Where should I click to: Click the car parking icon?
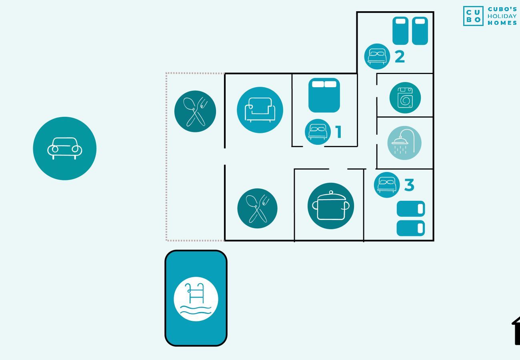pyautogui.click(x=65, y=148)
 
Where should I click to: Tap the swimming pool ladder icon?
pyautogui.click(x=196, y=299)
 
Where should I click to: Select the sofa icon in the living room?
pyautogui.click(x=260, y=110)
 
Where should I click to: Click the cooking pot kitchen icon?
pyautogui.click(x=331, y=206)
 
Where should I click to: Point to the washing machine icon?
pyautogui.click(x=405, y=98)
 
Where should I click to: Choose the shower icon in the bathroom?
pyautogui.click(x=404, y=143)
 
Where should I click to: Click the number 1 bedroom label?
pyautogui.click(x=339, y=132)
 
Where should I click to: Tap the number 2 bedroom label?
pyautogui.click(x=400, y=57)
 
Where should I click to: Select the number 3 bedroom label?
pyautogui.click(x=409, y=185)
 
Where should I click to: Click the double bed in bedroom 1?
pyautogui.click(x=324, y=95)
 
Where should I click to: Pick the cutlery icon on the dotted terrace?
pyautogui.click(x=195, y=111)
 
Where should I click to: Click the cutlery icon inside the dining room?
pyautogui.click(x=257, y=208)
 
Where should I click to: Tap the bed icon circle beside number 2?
pyautogui.click(x=377, y=56)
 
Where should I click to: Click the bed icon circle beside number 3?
pyautogui.click(x=387, y=185)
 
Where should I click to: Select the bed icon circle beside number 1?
pyautogui.click(x=318, y=132)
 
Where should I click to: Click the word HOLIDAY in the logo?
pyautogui.click(x=502, y=16)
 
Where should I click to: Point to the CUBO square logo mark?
pyautogui.click(x=474, y=16)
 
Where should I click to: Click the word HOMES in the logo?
pyautogui.click(x=502, y=23)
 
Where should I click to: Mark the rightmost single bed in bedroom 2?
pyautogui.click(x=420, y=31)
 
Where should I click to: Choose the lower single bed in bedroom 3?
pyautogui.click(x=411, y=228)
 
